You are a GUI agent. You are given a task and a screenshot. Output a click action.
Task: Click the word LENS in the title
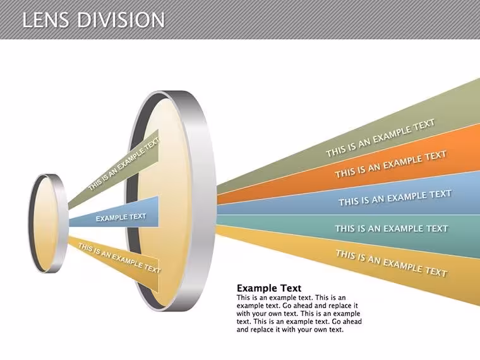point(45,20)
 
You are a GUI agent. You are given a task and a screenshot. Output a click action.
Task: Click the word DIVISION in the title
point(121,20)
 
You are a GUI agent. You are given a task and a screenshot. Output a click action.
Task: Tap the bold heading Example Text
point(269,288)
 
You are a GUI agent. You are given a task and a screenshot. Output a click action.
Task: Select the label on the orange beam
point(390,164)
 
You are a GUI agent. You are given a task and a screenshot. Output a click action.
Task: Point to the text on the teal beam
point(392,229)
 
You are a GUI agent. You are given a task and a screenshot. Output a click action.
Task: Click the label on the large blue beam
point(395,198)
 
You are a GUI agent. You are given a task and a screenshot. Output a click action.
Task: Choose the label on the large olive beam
point(380,138)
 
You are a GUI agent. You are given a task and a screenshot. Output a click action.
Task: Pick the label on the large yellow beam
point(392,263)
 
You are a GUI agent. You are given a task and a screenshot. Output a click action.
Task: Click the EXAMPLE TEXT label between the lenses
point(121,217)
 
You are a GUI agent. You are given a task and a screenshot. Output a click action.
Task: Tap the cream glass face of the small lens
point(45,224)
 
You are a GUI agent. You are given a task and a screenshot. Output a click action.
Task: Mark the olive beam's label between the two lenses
point(124,164)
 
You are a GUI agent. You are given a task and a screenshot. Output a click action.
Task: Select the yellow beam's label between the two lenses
point(119,258)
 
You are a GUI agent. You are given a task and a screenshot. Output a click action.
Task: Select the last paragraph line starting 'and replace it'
point(290,330)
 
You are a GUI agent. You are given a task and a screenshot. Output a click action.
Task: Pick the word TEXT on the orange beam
point(436,156)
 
